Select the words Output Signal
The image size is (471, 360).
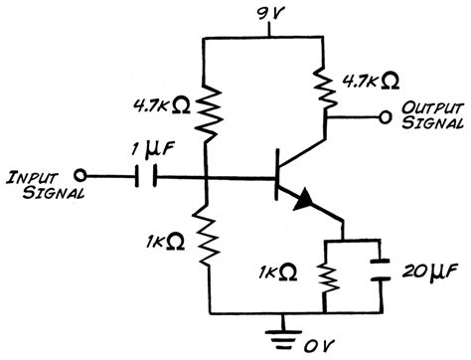pos(433,115)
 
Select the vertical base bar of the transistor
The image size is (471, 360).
pos(276,180)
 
